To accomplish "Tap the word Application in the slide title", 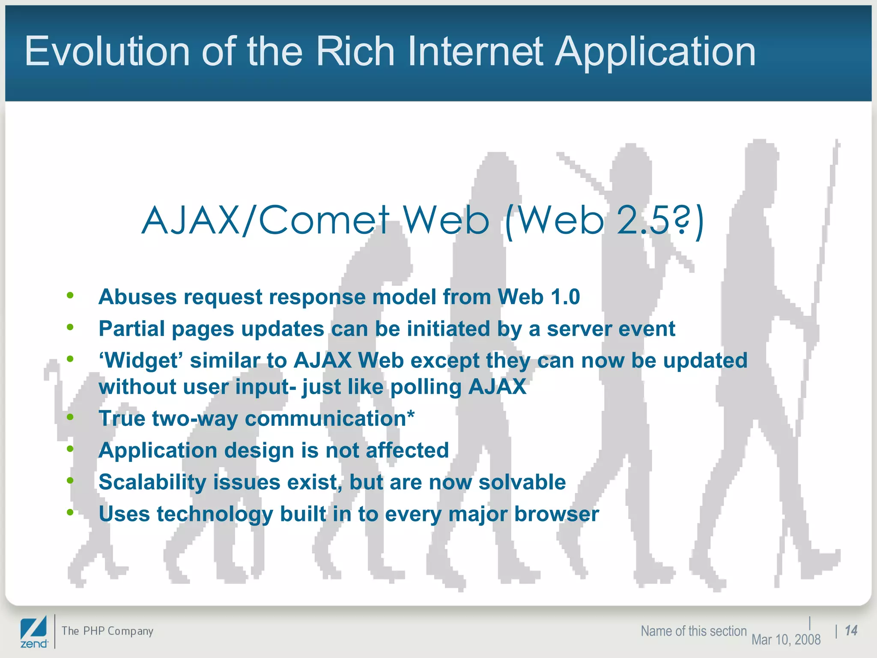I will tap(655, 52).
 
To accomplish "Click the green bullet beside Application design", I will tap(70, 449).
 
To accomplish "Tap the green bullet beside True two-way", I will tap(70, 417).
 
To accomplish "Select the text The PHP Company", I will tap(107, 631).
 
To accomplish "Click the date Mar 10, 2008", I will tap(786, 640).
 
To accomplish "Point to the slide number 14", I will tap(851, 631).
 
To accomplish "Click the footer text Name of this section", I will tap(693, 631).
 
